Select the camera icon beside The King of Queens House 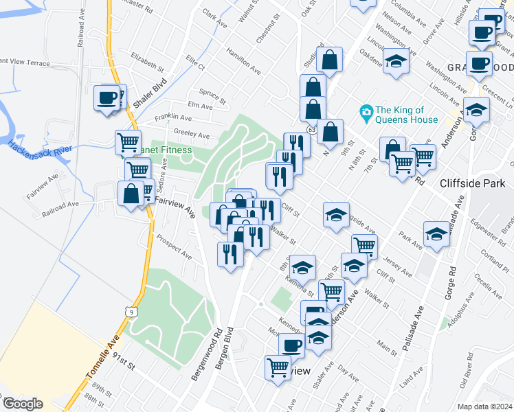(366, 111)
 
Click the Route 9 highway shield (131, 312)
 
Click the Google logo (22, 404)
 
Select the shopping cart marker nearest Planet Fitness (128, 141)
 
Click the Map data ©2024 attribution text (485, 407)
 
